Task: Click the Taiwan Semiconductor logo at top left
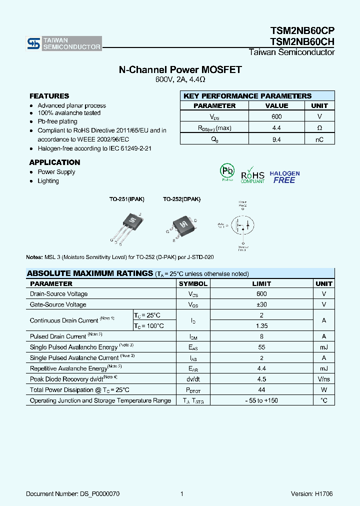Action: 64,43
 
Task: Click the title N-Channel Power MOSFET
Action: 180,70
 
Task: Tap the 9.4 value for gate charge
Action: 276,140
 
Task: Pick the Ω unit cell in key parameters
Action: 319,128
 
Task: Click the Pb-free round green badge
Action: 227,172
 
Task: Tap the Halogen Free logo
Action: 284,177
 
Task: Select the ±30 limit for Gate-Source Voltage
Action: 261,304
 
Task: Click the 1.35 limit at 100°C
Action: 261,326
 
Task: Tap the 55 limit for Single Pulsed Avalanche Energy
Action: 261,347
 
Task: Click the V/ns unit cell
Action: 324,379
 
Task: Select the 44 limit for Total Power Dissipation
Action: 261,389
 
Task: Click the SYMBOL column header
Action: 193,283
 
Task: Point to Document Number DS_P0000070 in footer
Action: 73,494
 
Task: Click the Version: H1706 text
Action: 311,494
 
